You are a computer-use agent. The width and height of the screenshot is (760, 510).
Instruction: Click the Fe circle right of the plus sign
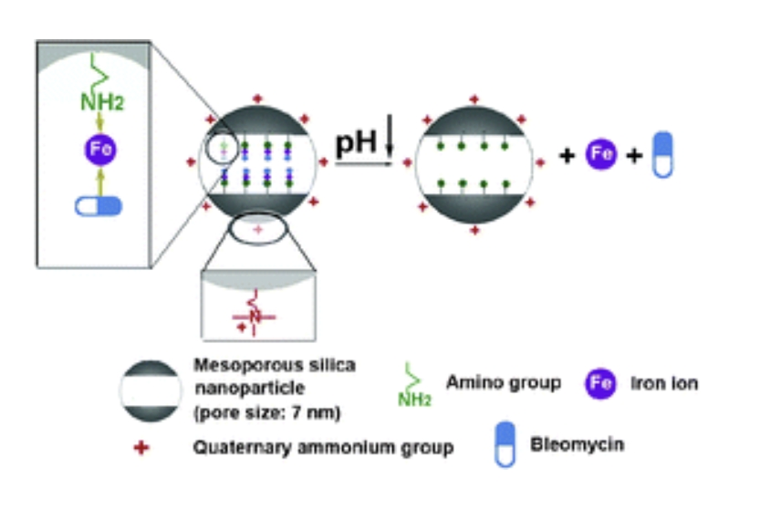pyautogui.click(x=599, y=154)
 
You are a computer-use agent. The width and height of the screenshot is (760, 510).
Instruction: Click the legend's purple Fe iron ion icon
pyautogui.click(x=599, y=384)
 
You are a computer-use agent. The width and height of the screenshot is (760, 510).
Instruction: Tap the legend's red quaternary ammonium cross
pyautogui.click(x=140, y=447)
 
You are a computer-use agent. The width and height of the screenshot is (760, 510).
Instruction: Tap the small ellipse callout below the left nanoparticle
pyautogui.click(x=257, y=230)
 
